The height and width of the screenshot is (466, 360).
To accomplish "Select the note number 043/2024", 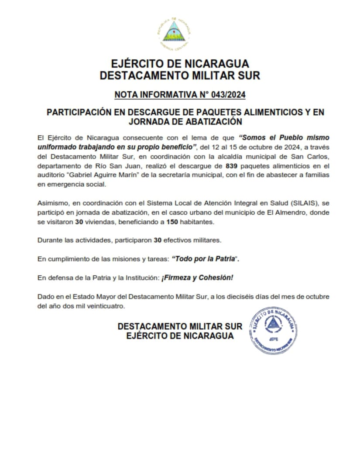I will [230, 94].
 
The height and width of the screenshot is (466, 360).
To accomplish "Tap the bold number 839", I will [231, 166].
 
